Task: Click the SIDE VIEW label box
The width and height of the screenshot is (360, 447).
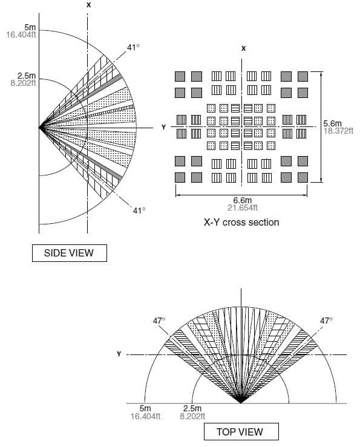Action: click(70, 253)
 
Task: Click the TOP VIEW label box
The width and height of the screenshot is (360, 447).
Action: click(241, 432)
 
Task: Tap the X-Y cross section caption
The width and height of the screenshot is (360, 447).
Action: click(241, 223)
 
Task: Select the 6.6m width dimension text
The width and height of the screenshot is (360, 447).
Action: click(243, 200)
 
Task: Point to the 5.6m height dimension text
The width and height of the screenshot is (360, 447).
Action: click(332, 123)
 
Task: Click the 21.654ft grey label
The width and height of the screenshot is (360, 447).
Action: click(243, 207)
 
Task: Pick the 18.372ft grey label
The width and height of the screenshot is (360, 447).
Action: click(338, 131)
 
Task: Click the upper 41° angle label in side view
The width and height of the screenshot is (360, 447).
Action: click(133, 47)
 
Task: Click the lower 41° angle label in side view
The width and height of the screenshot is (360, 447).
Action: click(139, 210)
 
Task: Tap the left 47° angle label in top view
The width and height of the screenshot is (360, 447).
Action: click(159, 321)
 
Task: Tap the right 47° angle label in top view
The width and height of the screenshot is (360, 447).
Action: click(326, 321)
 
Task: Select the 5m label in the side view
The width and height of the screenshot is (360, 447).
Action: click(30, 27)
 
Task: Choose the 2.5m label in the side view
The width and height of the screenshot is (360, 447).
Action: click(27, 76)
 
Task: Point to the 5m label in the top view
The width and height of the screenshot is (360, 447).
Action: click(145, 408)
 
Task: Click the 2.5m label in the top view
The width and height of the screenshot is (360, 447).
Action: click(192, 408)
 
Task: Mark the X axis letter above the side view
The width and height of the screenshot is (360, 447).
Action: click(89, 5)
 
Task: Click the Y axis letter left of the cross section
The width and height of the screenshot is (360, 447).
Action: click(163, 127)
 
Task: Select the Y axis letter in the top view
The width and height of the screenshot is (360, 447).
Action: click(119, 354)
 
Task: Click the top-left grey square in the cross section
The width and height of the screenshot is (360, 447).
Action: click(180, 76)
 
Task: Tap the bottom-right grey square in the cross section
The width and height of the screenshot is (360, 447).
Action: click(303, 177)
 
